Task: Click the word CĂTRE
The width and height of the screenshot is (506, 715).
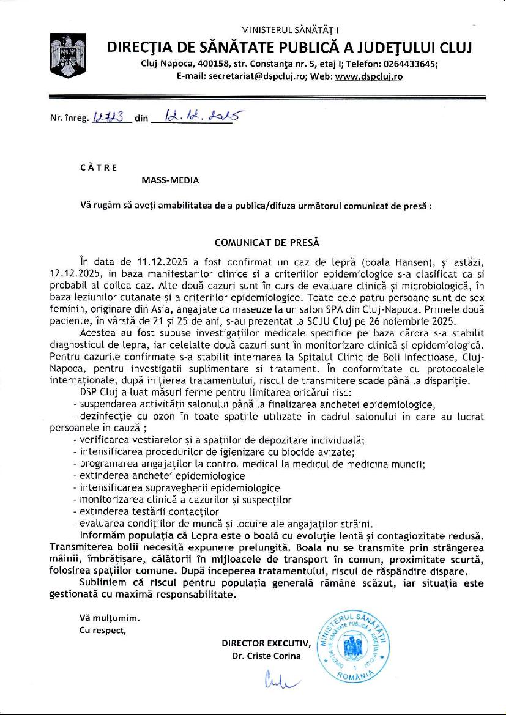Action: click(99, 166)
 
